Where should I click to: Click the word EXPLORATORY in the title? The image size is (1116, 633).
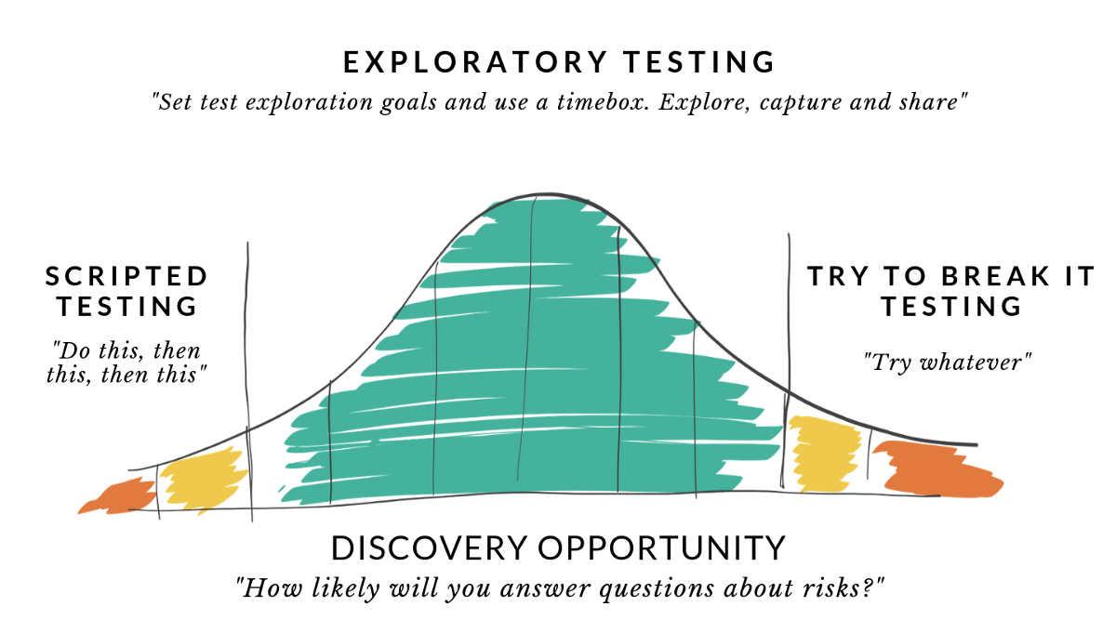point(475,62)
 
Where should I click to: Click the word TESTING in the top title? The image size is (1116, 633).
point(699,62)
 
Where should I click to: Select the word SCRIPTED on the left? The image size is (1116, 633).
point(126,276)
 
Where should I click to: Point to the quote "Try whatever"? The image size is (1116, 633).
point(948,363)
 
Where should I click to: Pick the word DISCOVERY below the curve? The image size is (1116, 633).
point(429,547)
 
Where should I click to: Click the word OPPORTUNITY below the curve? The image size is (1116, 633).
point(661,547)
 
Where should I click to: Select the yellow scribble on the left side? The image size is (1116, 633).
point(204,479)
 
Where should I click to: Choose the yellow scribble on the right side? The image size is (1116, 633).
point(825,454)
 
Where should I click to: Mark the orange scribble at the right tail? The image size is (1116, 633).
point(937,469)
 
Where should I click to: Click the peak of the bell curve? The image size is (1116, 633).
point(547,193)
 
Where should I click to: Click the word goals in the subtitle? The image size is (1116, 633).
point(408,103)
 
